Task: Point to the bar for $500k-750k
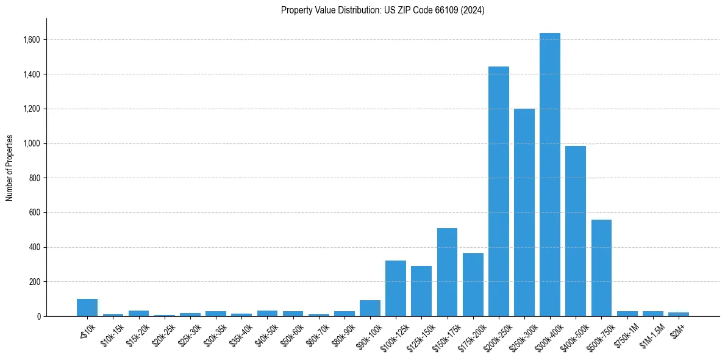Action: click(601, 268)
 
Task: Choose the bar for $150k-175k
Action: click(447, 272)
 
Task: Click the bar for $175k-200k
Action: click(473, 284)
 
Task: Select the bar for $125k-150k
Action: click(421, 291)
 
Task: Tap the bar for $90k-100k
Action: click(370, 308)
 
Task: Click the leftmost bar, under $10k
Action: click(87, 308)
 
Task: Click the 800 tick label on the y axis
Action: click(35, 178)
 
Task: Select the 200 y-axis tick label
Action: click(35, 282)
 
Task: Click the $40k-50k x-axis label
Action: click(266, 333)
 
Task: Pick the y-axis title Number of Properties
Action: click(9, 167)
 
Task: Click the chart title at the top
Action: click(382, 10)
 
